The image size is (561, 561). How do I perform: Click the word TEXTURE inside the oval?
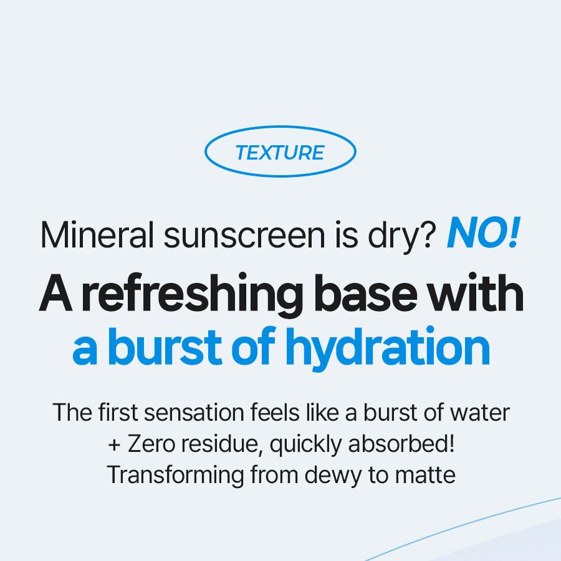(280, 153)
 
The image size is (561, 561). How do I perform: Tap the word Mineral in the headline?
(97, 235)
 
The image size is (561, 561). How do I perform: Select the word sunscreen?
(244, 236)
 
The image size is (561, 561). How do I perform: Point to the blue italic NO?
(483, 233)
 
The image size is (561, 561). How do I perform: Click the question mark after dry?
(428, 234)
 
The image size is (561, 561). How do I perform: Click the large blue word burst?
(165, 347)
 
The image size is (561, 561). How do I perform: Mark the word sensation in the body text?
(194, 413)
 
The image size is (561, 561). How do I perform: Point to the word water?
(479, 413)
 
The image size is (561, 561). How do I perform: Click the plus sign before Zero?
(114, 445)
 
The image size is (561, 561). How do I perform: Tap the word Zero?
(151, 444)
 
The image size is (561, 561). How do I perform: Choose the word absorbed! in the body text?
(401, 444)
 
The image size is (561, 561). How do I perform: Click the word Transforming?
(175, 476)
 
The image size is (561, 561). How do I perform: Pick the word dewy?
(333, 476)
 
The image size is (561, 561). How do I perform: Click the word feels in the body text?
(274, 412)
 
